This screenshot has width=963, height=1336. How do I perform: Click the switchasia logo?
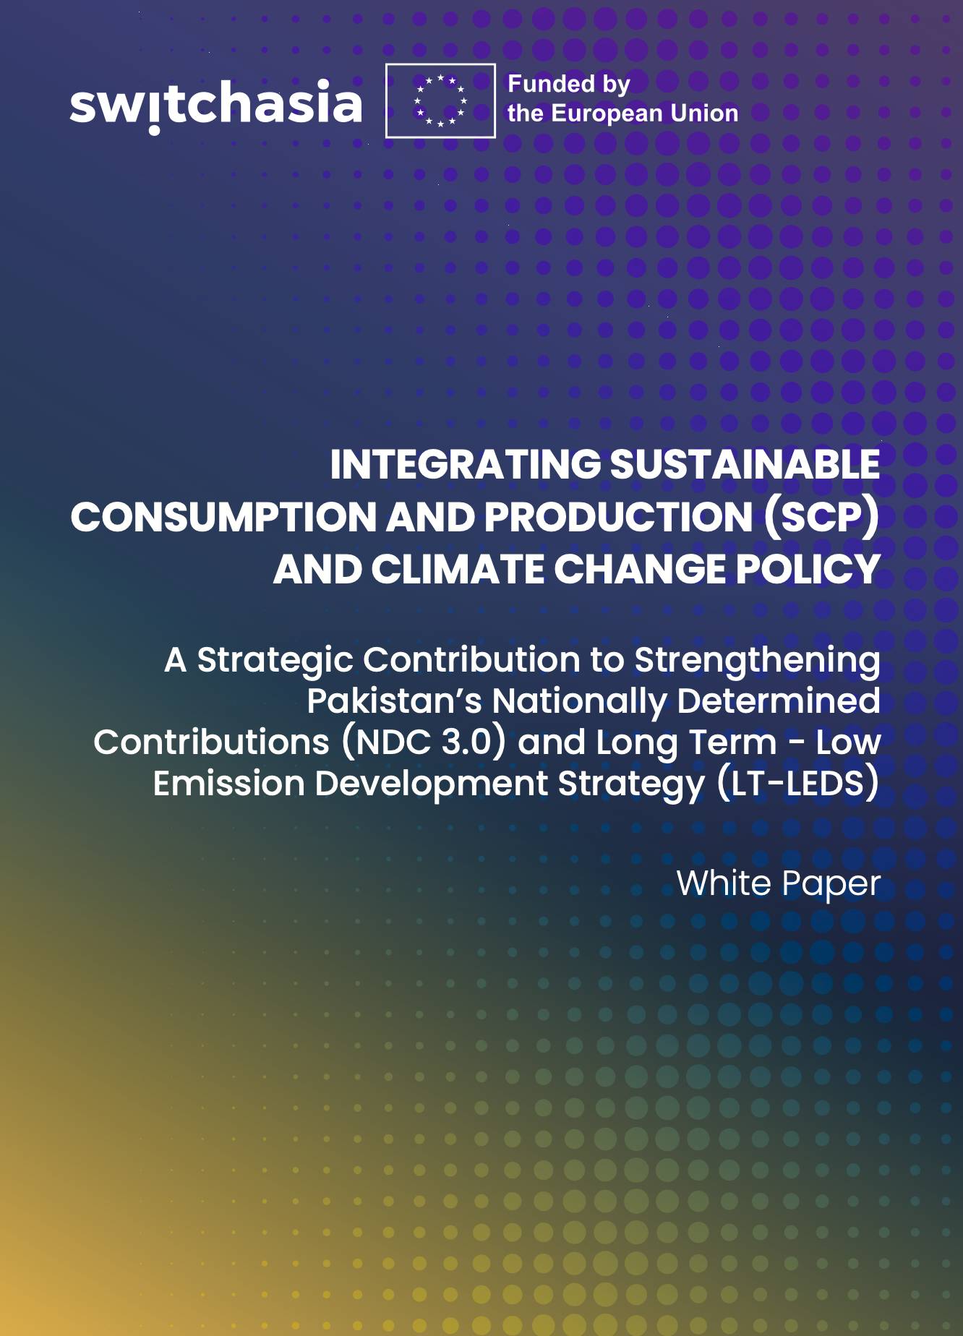point(215,104)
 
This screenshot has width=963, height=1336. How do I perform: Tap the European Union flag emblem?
point(440,100)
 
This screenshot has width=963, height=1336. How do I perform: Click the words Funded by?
point(569,85)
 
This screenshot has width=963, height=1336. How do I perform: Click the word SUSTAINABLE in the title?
point(745,464)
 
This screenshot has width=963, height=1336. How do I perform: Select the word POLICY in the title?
point(808,569)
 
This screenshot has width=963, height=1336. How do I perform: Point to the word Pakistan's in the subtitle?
point(394,701)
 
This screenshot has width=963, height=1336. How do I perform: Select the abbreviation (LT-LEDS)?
point(798,784)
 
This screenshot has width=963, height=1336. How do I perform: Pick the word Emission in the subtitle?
point(228,784)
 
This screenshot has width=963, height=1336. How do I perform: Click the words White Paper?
point(778,883)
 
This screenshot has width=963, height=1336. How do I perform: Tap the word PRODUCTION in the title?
point(619,517)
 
